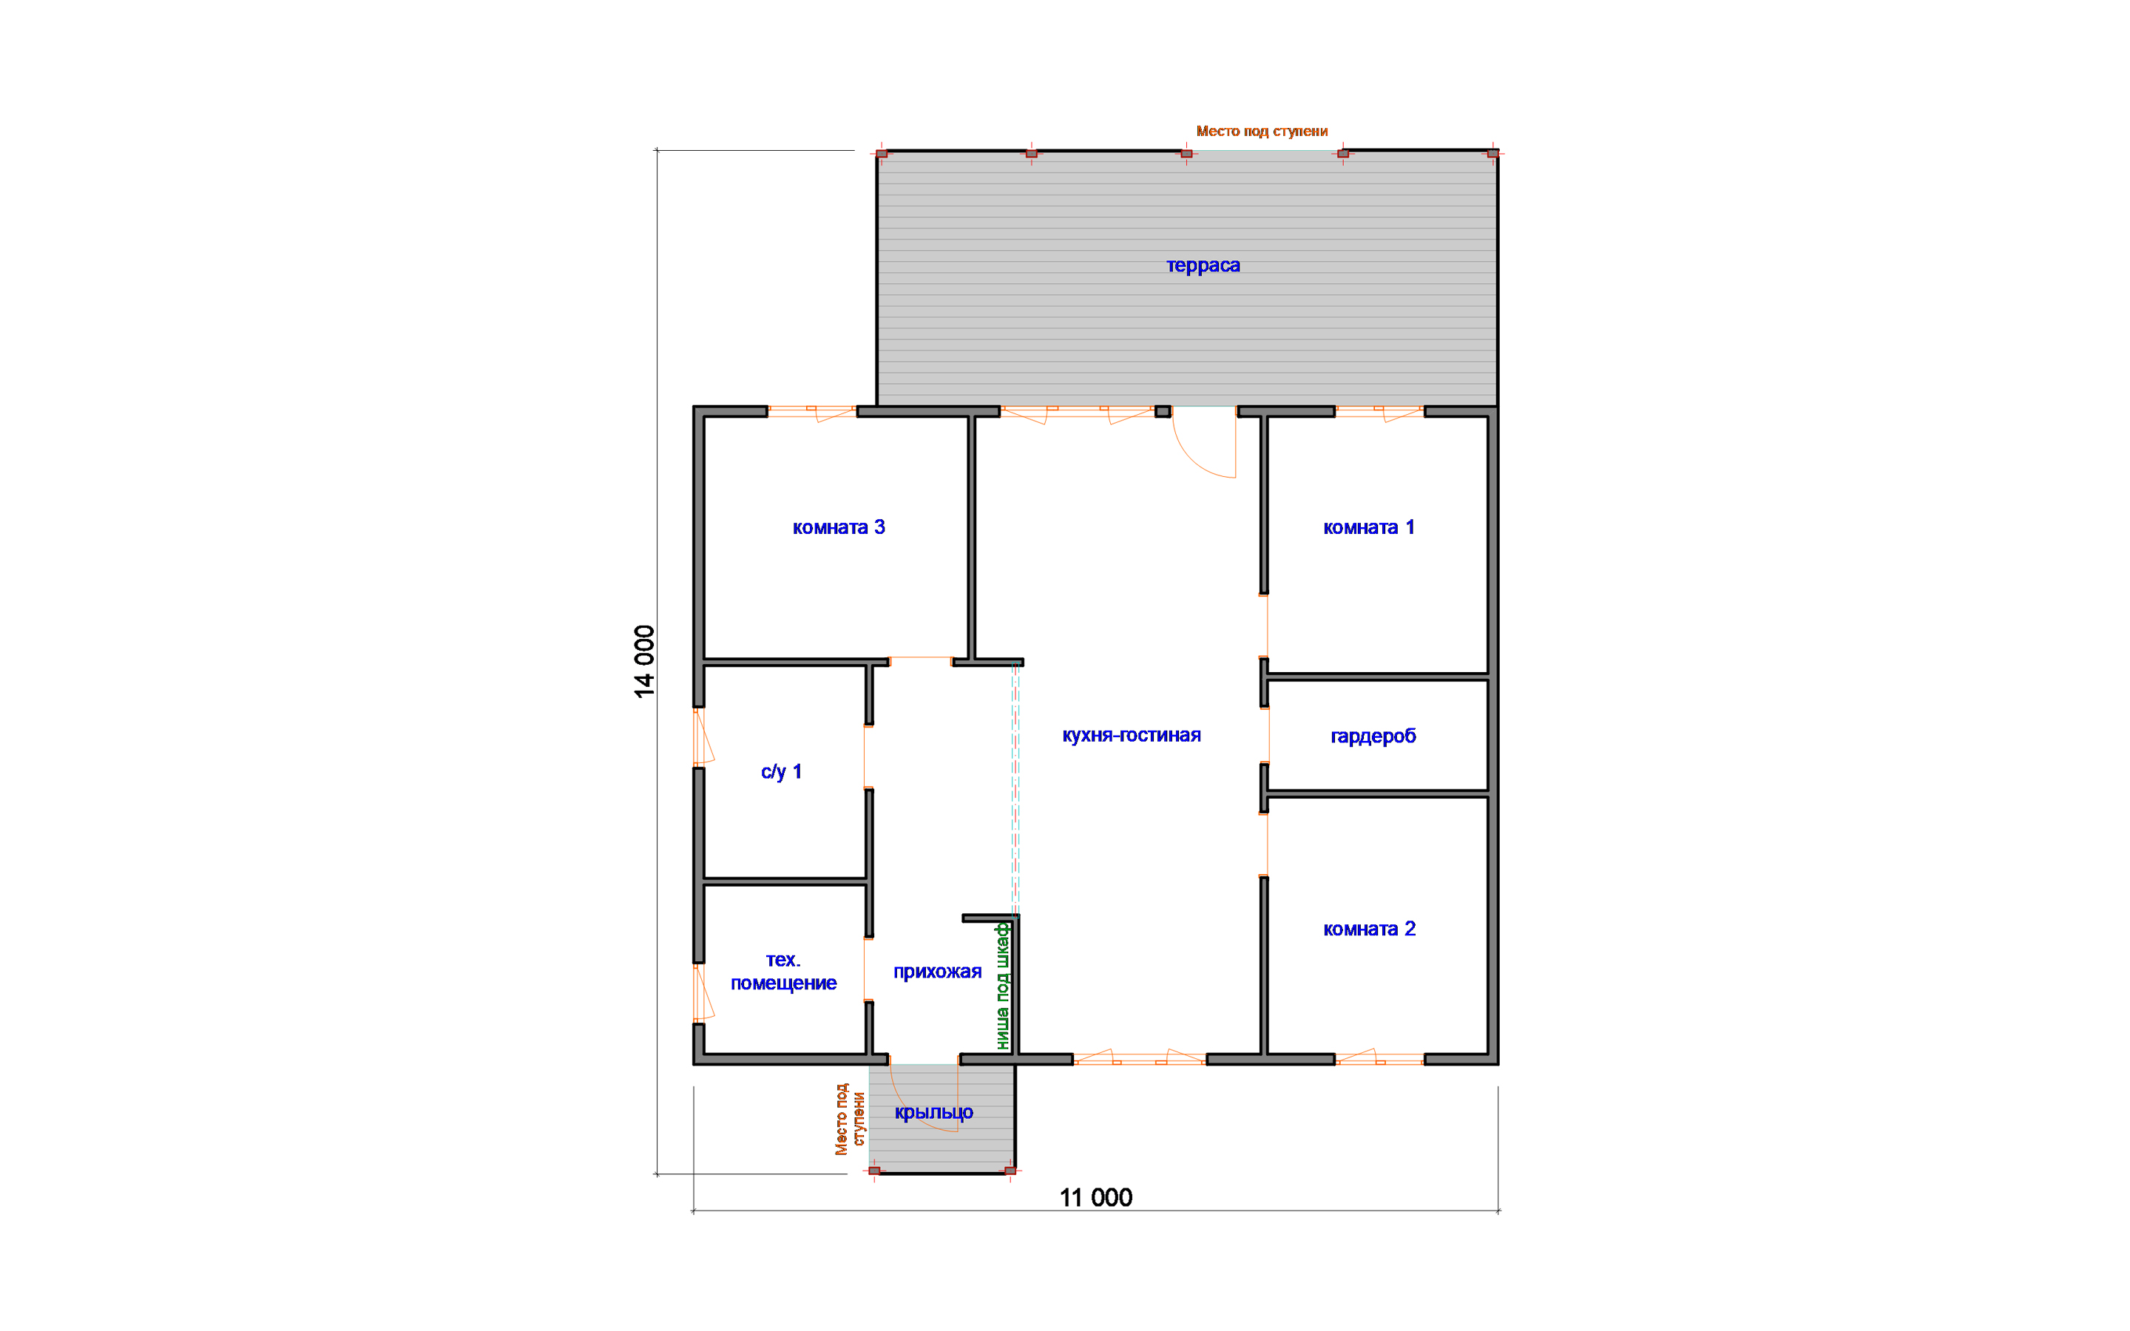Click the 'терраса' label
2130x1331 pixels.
1203,265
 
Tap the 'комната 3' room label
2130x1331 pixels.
839,527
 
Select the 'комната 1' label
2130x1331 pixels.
1369,527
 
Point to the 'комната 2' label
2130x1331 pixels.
1370,929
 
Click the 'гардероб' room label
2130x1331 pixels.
1373,736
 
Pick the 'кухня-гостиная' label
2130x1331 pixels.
1131,735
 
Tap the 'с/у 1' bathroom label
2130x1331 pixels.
782,772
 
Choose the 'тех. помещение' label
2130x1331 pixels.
783,971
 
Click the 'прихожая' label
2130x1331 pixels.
937,972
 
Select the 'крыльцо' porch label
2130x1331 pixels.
934,1113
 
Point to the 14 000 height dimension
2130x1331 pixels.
644,662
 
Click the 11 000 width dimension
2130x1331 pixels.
1096,1197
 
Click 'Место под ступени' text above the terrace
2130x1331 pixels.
1261,131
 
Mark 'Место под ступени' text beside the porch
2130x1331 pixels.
849,1119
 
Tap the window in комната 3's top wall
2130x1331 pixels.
811,412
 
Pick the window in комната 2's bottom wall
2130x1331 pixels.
1379,1058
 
